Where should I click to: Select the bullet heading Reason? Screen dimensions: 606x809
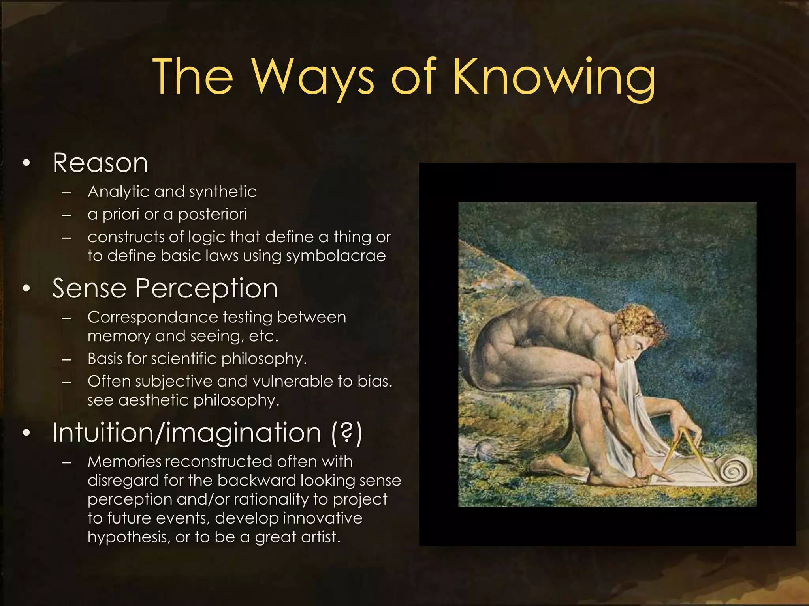click(x=100, y=163)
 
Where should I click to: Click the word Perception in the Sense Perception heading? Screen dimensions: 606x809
click(x=207, y=288)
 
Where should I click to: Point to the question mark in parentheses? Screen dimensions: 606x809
click(x=346, y=433)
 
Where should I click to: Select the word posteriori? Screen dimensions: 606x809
click(x=212, y=215)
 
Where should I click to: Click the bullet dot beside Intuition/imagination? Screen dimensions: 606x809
click(x=26, y=433)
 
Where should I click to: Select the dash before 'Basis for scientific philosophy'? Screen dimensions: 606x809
click(x=66, y=359)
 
